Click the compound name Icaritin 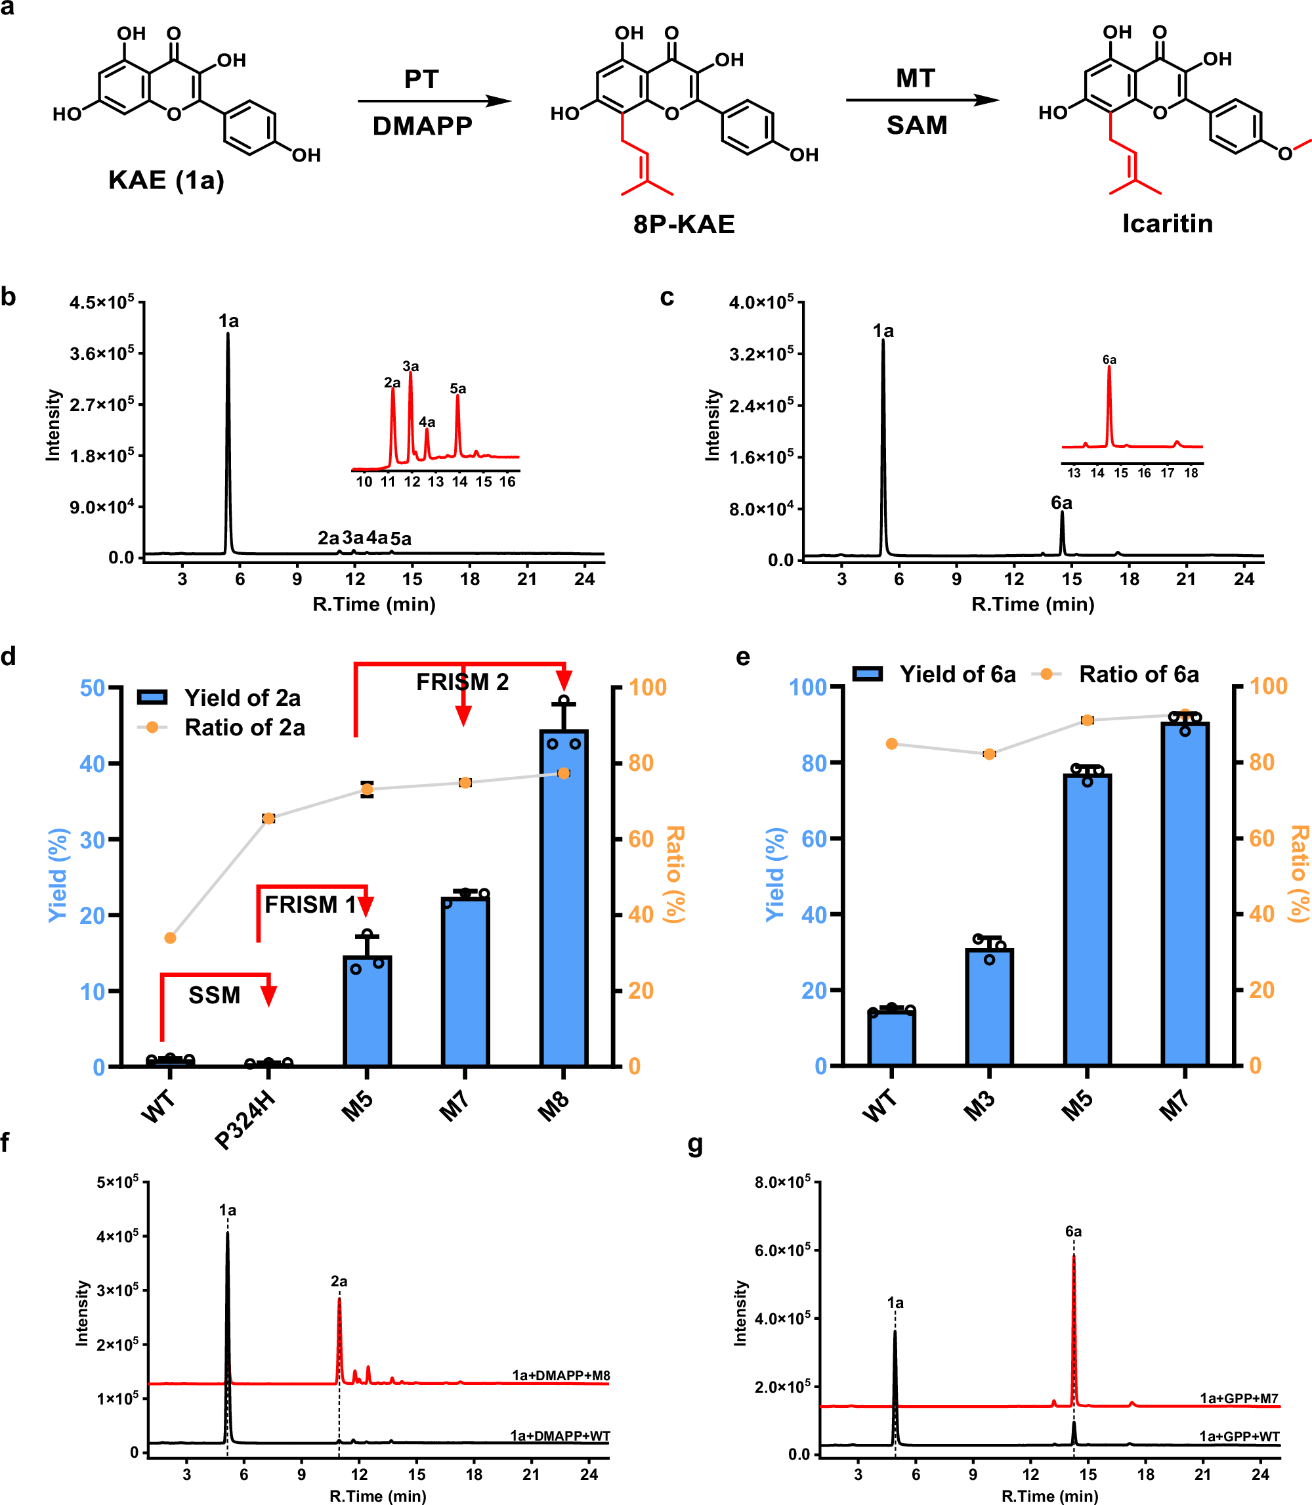coord(1167,223)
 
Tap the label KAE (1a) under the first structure coord(166,180)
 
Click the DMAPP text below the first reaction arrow coord(423,126)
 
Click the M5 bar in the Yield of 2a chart coord(367,1011)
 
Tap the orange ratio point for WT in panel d coord(171,938)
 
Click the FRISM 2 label coord(462,682)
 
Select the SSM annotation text coord(214,995)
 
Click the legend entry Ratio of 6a coord(1139,674)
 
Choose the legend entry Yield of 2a coord(242,698)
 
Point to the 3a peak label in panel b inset coord(411,366)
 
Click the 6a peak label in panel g coord(1073,1232)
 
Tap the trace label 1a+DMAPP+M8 coord(561,1376)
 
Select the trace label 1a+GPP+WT coord(1238,1436)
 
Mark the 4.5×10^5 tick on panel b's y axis coord(102,303)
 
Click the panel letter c coord(667,297)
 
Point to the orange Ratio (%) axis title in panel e coord(1299,874)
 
